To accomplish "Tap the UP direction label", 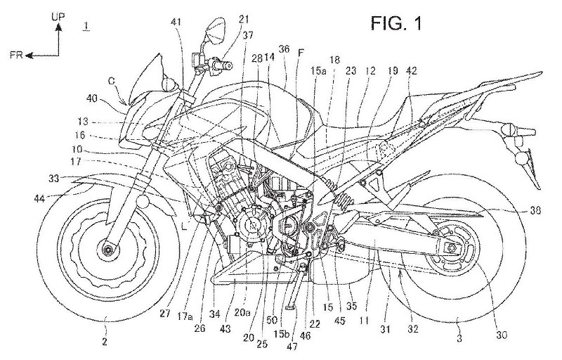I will point(60,12).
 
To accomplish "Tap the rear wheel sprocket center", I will point(453,249).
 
